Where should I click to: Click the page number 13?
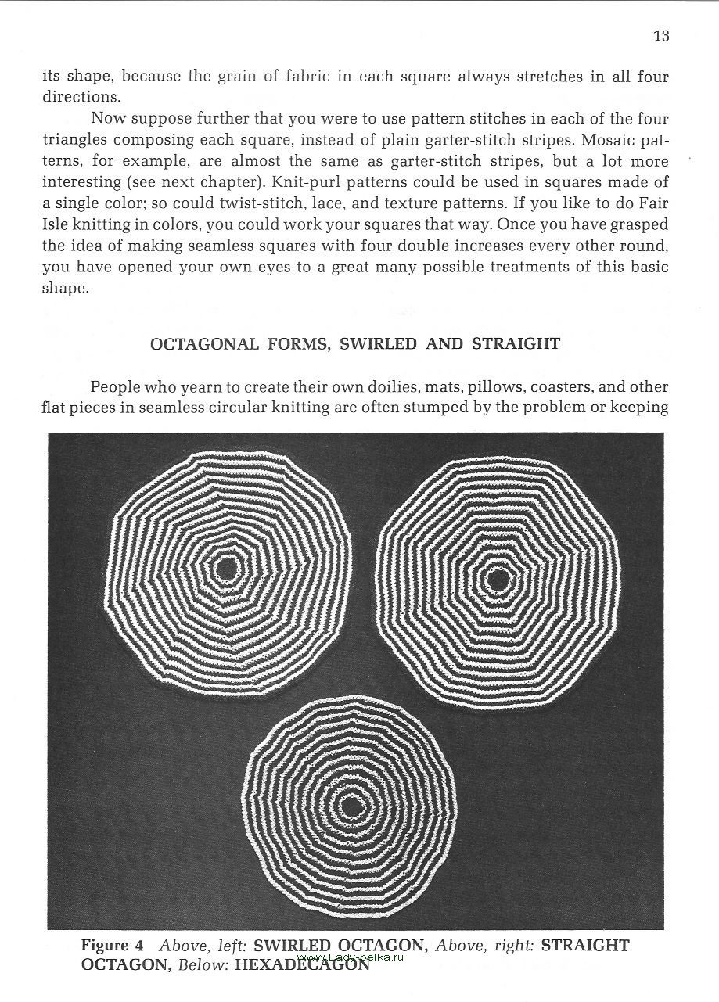[661, 36]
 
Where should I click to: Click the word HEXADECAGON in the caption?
[302, 965]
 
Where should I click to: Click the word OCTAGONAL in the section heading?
[203, 343]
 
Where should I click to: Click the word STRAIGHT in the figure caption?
[585, 946]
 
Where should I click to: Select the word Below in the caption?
[202, 965]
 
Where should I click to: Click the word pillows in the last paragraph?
[490, 386]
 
